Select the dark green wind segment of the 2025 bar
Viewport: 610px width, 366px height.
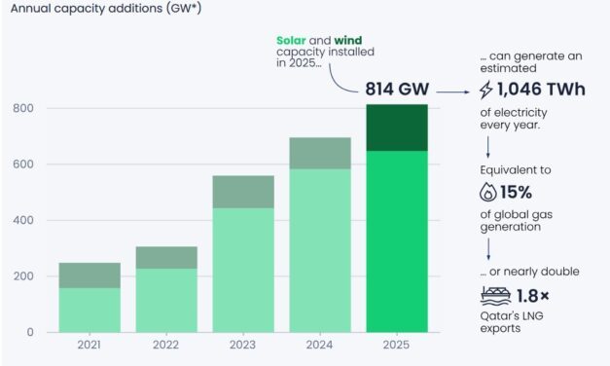[396, 128]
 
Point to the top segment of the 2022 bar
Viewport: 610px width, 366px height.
[166, 257]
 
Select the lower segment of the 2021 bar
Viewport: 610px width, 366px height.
[90, 310]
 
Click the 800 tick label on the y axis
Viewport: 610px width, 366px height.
[23, 108]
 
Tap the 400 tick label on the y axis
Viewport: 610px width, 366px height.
[23, 220]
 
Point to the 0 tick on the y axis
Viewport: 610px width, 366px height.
[30, 332]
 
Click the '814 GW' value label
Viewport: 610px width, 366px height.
[396, 90]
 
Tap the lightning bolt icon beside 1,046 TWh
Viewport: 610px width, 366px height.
[486, 90]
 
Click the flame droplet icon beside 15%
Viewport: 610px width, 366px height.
[486, 192]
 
